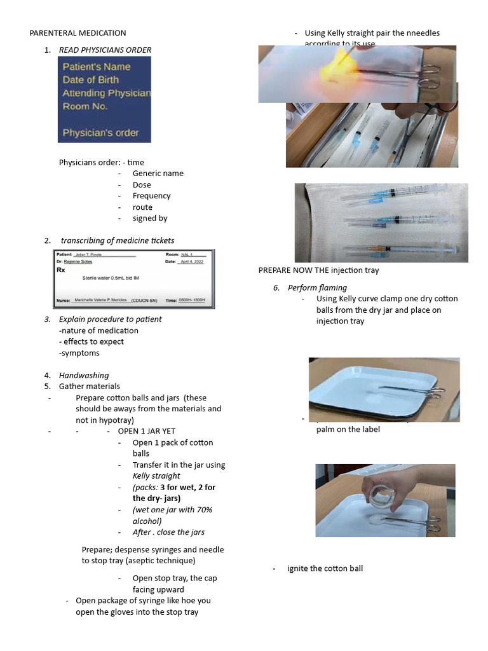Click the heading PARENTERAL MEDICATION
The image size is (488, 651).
pyautogui.click(x=78, y=33)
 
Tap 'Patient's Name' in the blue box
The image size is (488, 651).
pyautogui.click(x=96, y=67)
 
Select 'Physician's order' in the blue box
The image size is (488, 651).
pyautogui.click(x=100, y=134)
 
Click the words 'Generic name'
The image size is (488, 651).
pyautogui.click(x=158, y=174)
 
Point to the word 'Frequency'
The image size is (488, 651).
pyautogui.click(x=151, y=196)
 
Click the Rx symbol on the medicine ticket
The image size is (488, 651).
pyautogui.click(x=61, y=270)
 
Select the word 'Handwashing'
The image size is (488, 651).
pyautogui.click(x=84, y=375)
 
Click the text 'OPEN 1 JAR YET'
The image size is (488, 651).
pyautogui.click(x=146, y=431)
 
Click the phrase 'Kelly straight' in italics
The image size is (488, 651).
pyautogui.click(x=156, y=476)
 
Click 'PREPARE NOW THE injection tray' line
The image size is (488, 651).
pyautogui.click(x=318, y=270)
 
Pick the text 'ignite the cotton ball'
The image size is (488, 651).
pyautogui.click(x=325, y=568)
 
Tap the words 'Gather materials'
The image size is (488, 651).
pyautogui.click(x=89, y=386)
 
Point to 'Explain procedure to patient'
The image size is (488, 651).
pyautogui.click(x=110, y=319)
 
